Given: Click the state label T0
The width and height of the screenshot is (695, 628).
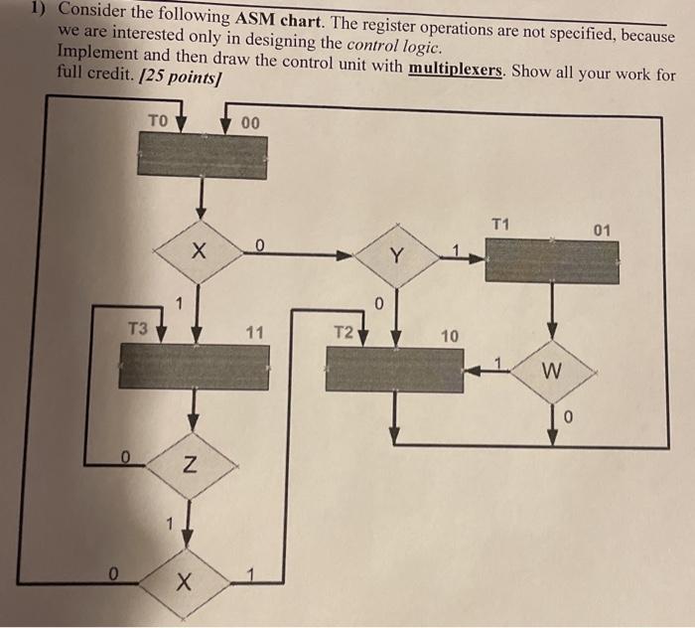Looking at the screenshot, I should click(159, 120).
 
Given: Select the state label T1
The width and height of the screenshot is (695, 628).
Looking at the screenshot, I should click(500, 225).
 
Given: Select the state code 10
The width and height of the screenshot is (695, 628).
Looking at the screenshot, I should click(449, 337).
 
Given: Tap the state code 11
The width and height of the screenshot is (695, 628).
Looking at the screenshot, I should click(254, 335).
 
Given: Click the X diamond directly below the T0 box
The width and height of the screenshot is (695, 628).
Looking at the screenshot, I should click(200, 252).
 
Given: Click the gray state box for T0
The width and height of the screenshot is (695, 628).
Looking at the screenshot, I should click(202, 155).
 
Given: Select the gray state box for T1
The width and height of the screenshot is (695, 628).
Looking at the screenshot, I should click(551, 261).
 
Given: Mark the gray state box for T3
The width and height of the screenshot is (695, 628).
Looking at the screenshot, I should click(194, 367).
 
